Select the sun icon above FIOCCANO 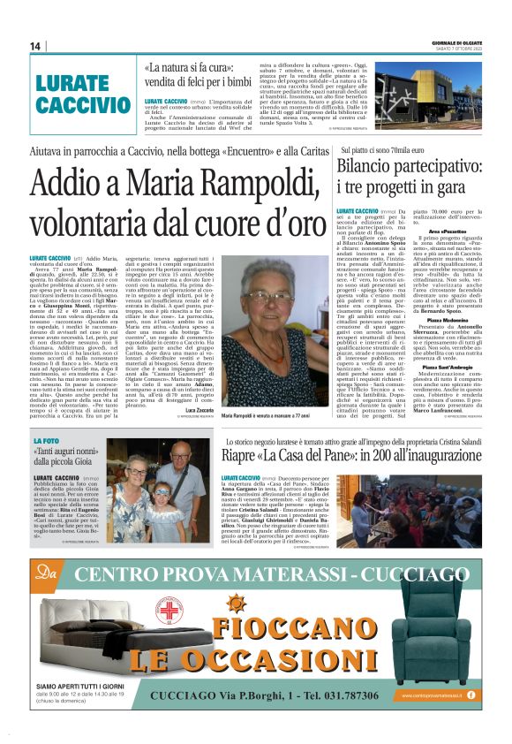coord(237,604)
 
